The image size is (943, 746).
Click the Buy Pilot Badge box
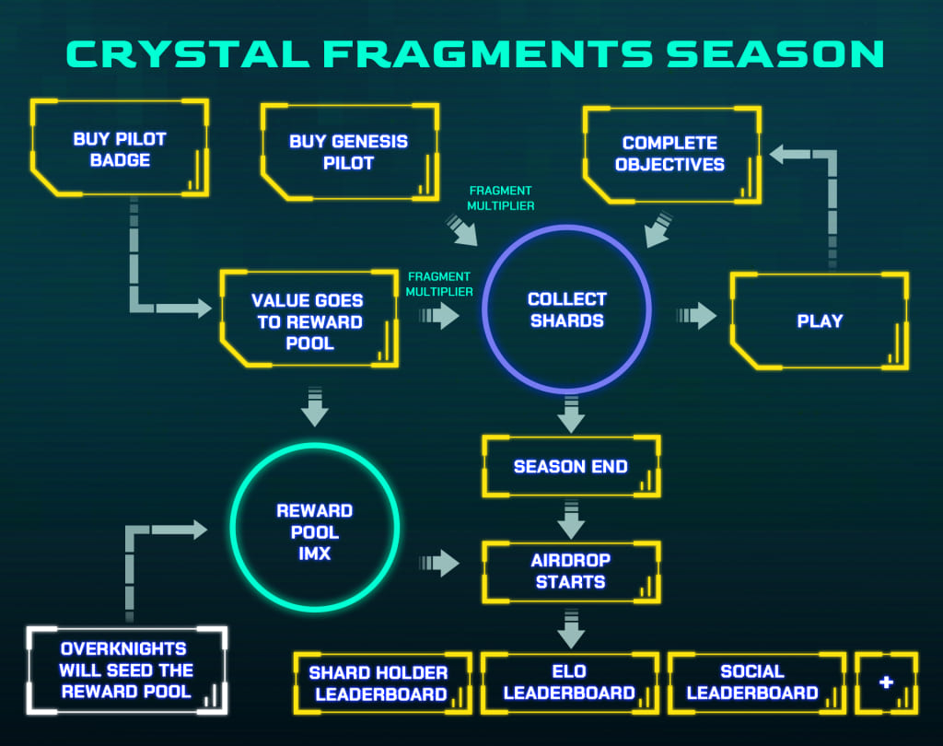[120, 149]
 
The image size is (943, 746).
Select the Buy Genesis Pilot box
[348, 152]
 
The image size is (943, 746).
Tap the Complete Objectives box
[670, 154]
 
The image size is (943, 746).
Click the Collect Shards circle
[566, 310]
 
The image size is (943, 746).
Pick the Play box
[820, 321]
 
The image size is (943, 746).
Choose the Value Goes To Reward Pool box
[309, 321]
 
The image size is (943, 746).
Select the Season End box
[571, 466]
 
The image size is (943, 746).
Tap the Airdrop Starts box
[571, 571]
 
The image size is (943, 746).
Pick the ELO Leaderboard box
[569, 682]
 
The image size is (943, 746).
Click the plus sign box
[886, 682]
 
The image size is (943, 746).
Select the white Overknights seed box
[127, 670]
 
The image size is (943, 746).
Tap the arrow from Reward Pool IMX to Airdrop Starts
[440, 563]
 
